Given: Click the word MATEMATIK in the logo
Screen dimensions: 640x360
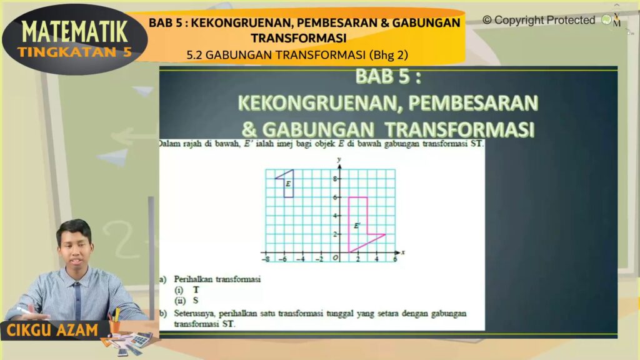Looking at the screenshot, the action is pos(75,32).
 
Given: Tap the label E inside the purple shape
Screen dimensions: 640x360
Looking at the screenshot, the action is pos(288,184).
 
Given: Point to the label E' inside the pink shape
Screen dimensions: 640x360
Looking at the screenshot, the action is pos(357,225).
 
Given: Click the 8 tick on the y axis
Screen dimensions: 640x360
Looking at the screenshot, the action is pos(335,179).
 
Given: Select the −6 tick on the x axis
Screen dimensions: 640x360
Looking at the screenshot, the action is pos(282,259).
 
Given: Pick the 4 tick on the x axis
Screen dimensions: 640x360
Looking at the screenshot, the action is pos(376,259).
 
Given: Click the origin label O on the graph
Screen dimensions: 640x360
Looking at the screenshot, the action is pos(336,258).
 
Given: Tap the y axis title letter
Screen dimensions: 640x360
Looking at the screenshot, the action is pos(339,159).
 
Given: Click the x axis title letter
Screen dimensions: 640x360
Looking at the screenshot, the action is pos(403,252).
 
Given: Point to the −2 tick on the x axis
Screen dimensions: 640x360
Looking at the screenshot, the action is pos(319,259).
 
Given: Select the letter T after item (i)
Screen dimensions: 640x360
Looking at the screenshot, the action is pos(196,290).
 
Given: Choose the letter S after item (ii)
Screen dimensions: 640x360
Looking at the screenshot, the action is pos(196,301).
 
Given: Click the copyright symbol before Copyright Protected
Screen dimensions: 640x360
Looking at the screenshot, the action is pos(487,20).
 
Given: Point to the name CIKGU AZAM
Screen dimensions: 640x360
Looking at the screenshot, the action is pos(52,330).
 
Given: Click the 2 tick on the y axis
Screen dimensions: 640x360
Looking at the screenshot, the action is pos(335,234).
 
